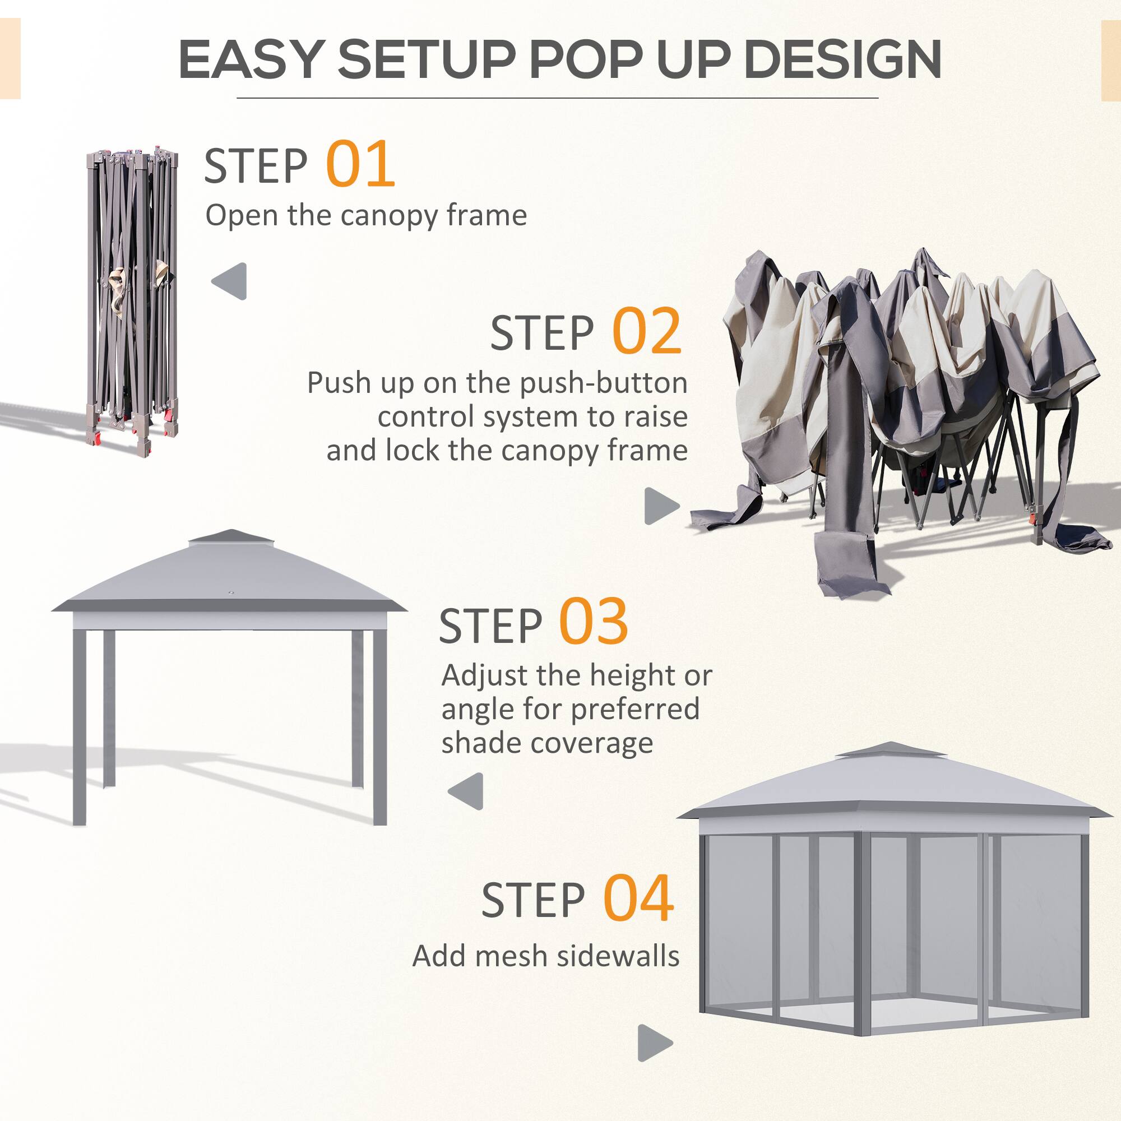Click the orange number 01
360,164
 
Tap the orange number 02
646,331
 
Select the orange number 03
593,623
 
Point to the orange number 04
638,900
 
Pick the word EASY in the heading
250,60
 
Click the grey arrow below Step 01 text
230,281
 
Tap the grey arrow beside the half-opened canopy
661,506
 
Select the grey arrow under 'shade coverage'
466,791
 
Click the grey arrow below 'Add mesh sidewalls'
654,1043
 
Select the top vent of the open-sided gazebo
230,537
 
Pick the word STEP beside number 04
532,901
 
